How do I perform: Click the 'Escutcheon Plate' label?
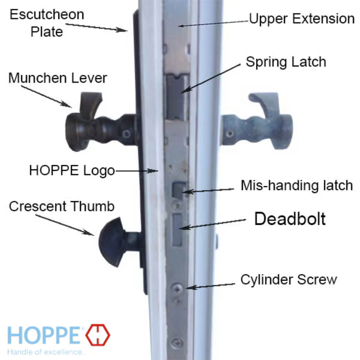(47, 23)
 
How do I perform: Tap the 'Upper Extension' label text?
(302, 19)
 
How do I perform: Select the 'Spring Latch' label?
(286, 62)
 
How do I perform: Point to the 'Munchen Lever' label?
(58, 78)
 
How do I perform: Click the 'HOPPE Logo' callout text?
(72, 170)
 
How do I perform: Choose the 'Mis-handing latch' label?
(297, 185)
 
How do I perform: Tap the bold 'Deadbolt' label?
(290, 219)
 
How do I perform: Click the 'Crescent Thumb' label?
(62, 206)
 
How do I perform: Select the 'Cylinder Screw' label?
(288, 280)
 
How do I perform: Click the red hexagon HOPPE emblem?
(98, 335)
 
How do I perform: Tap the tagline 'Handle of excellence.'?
(46, 352)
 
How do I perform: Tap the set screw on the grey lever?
(230, 133)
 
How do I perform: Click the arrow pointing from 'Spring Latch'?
(210, 78)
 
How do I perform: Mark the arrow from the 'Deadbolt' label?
(212, 224)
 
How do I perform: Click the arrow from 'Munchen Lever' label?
(46, 97)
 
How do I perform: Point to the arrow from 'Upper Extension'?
(214, 24)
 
